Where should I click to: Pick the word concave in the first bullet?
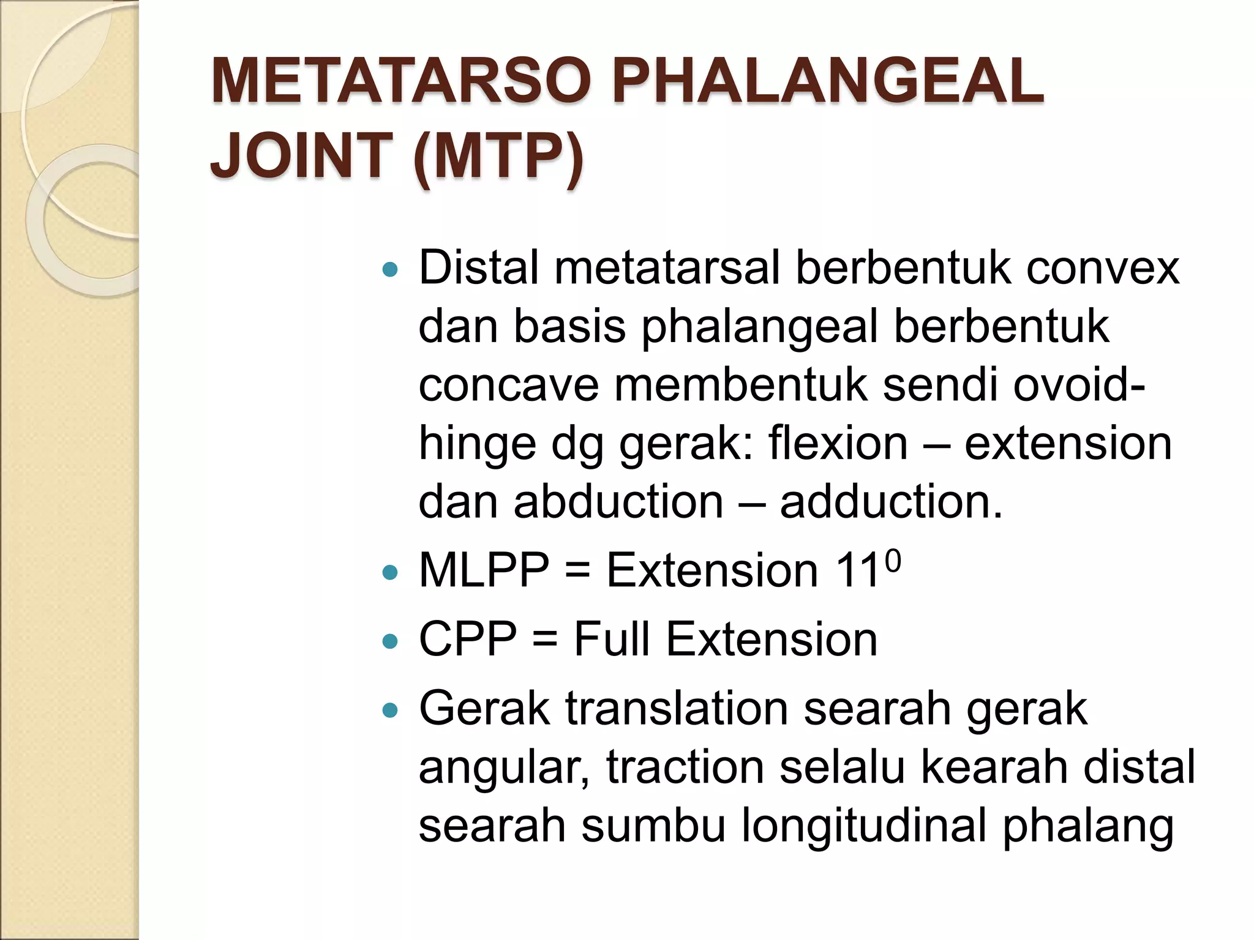click(508, 387)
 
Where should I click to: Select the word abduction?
click(618, 502)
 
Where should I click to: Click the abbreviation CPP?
click(468, 640)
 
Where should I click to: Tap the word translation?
click(676, 710)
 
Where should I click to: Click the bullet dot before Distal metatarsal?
click(389, 269)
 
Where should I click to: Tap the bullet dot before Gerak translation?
click(389, 711)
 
